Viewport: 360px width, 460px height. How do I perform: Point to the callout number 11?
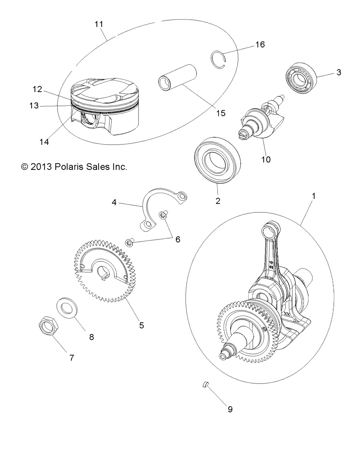tap(99, 24)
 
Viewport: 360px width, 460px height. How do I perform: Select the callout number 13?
tap(34, 106)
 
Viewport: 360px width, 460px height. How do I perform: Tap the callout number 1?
tap(314, 196)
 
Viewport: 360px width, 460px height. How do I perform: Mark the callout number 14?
tap(44, 141)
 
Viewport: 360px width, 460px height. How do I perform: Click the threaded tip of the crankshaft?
tap(223, 356)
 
